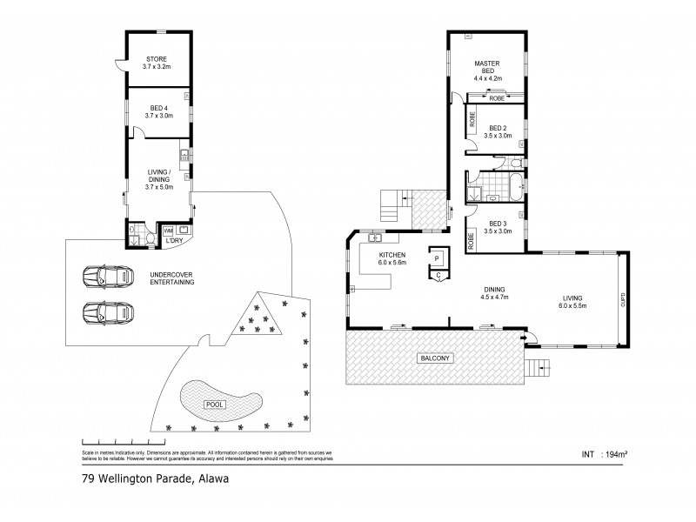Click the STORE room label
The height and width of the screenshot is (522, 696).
[157, 59]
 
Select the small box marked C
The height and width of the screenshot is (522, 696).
[438, 275]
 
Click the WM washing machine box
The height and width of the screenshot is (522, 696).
[168, 230]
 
